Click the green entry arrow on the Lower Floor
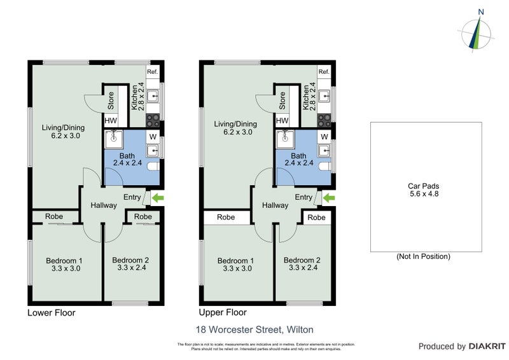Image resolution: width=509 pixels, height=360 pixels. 157,199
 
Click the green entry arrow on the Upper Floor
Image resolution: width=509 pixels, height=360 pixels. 329,199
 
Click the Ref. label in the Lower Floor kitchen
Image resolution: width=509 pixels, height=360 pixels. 153,73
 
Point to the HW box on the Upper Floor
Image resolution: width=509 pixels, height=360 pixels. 282,121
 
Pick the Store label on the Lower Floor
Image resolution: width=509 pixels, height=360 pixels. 110,100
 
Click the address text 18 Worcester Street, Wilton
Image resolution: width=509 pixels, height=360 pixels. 254,329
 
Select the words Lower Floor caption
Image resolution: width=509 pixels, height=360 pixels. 51,313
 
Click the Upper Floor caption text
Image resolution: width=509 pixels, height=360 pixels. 223,313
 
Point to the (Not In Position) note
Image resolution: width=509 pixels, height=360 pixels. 423,256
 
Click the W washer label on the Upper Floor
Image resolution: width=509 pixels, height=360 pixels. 324,137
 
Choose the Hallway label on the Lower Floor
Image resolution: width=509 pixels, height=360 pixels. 103,205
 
